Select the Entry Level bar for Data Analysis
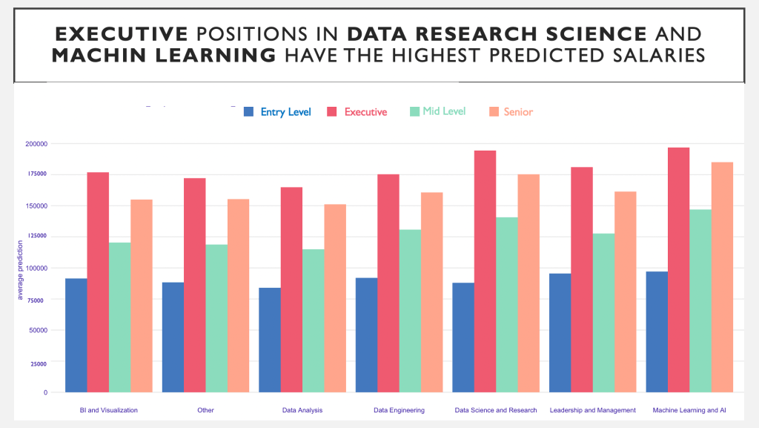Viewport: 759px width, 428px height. (270, 340)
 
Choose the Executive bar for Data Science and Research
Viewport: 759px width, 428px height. (485, 271)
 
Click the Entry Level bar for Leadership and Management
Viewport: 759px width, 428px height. (560, 332)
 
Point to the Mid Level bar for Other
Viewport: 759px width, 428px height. (216, 318)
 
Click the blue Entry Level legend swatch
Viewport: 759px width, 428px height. (249, 111)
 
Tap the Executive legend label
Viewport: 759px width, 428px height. (365, 112)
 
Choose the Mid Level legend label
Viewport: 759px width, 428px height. (444, 111)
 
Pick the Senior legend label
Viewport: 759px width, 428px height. (518, 112)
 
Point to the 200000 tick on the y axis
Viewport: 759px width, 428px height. (36, 143)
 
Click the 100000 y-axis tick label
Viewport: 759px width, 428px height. (36, 268)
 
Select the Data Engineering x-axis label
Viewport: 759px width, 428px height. (399, 410)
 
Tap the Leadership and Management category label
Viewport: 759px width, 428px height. (592, 410)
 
